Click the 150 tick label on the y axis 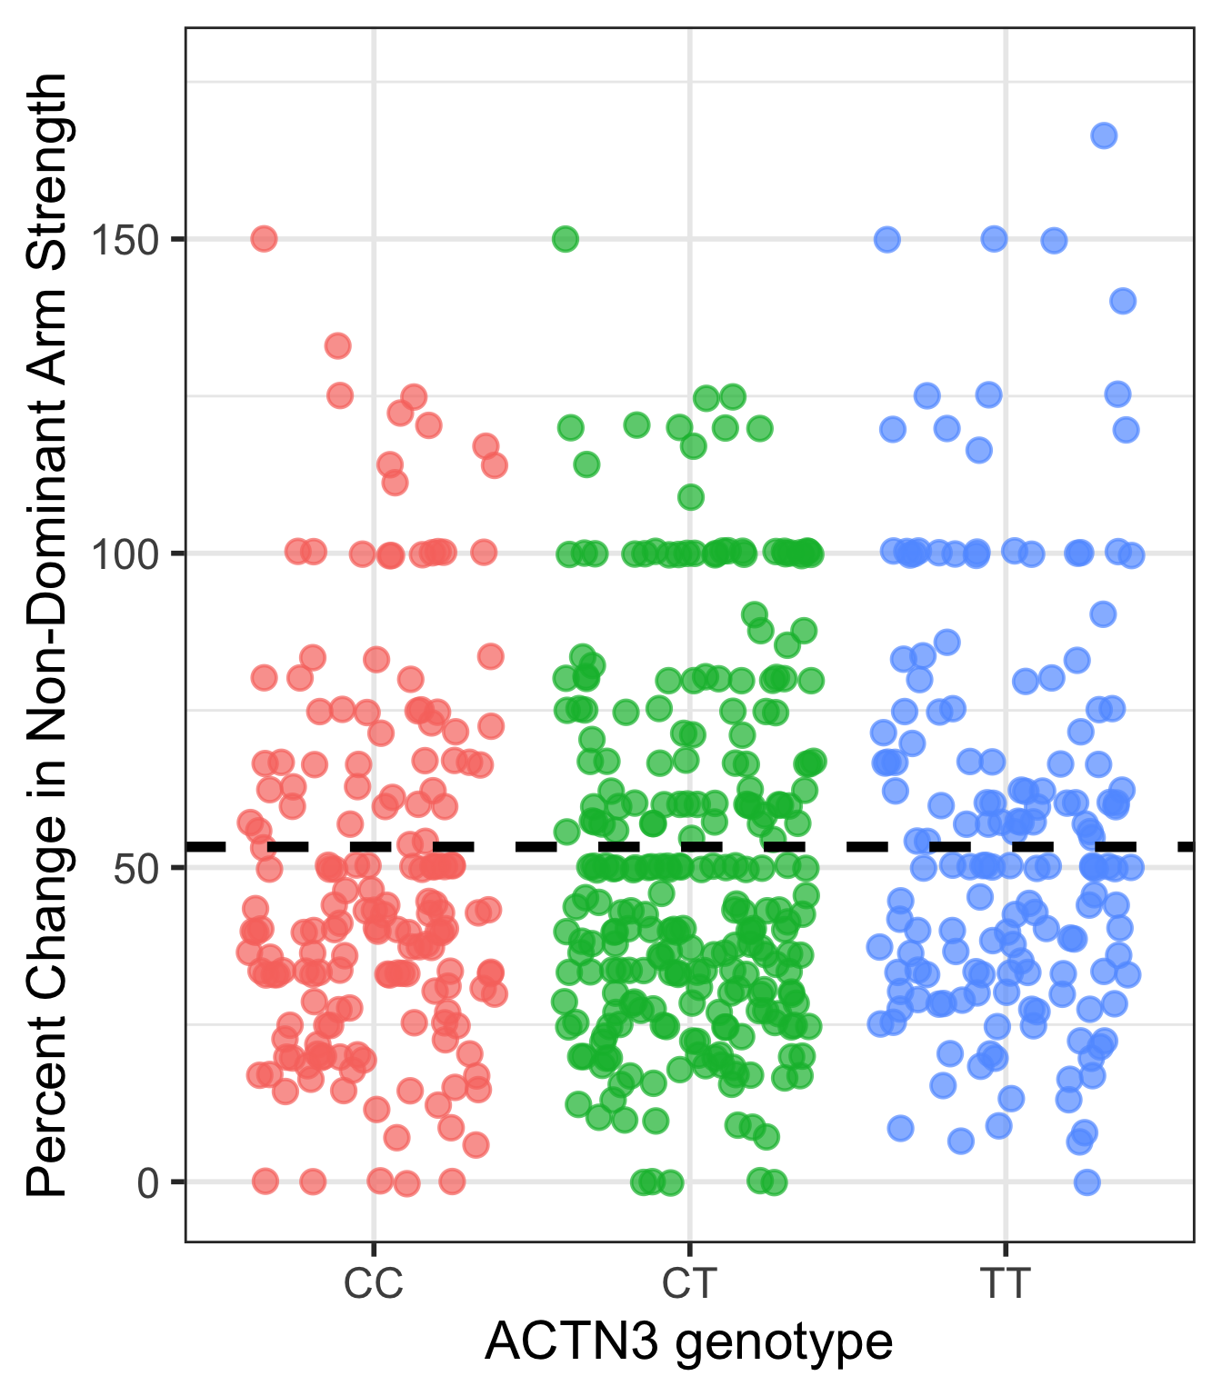125,240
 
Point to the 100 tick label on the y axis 125,553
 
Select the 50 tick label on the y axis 136,868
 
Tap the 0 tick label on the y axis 148,1182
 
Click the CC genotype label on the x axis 373,1284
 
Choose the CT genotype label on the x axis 689,1284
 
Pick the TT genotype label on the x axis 1005,1284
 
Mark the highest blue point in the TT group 1104,136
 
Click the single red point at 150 264,239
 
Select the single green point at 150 566,239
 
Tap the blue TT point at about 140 1123,301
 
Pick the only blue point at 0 1087,1182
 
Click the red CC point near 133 338,345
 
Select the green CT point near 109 691,497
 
